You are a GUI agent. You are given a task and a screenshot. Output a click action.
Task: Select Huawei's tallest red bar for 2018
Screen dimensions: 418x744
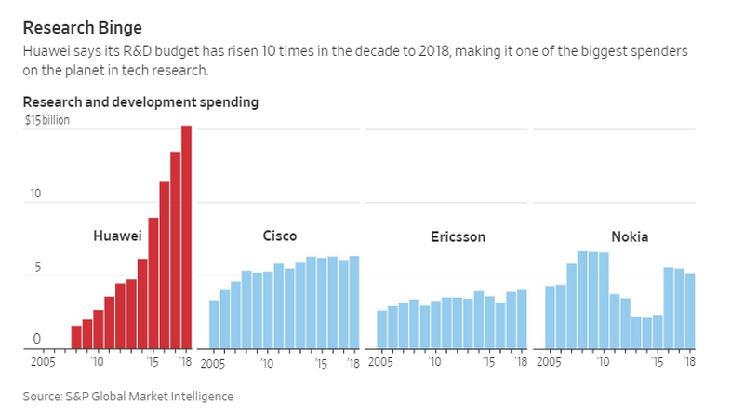pos(186,237)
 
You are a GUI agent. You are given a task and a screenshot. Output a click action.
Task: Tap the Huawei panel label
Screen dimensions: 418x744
pos(116,236)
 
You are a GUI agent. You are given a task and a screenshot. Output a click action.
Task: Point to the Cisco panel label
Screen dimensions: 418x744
pos(280,236)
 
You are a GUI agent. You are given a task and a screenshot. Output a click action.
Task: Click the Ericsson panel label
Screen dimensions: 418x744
pos(458,236)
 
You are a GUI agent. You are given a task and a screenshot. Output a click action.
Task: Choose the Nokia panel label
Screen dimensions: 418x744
pos(630,236)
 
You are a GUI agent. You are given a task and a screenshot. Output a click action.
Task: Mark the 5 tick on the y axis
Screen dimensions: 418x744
pos(37,267)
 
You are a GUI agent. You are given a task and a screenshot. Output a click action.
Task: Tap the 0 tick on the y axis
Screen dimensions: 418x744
pos(37,340)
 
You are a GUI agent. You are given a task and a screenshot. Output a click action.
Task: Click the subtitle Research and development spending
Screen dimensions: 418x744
pos(140,101)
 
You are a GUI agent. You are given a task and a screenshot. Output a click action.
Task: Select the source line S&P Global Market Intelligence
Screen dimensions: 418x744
pos(128,397)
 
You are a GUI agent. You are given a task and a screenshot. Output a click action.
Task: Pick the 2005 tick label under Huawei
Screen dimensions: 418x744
pos(44,361)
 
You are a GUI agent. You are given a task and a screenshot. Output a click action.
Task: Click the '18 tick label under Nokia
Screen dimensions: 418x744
pos(689,361)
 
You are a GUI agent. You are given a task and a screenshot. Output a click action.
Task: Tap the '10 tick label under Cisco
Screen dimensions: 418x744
pos(266,361)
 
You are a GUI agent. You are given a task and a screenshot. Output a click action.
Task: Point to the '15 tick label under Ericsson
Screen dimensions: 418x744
pos(488,361)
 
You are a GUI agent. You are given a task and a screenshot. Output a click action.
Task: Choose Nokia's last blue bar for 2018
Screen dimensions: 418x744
pos(689,311)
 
